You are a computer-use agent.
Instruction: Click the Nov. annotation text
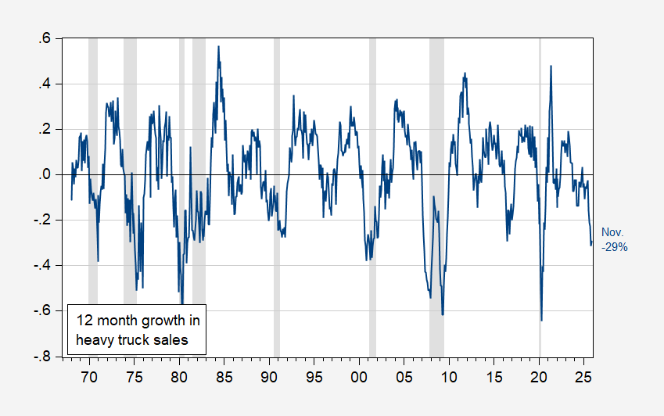click(612, 232)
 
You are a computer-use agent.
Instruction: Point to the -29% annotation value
click(614, 246)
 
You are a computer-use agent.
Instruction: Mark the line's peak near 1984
click(219, 47)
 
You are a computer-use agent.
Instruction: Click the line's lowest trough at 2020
click(541, 320)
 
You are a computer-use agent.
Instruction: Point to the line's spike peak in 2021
click(551, 66)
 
